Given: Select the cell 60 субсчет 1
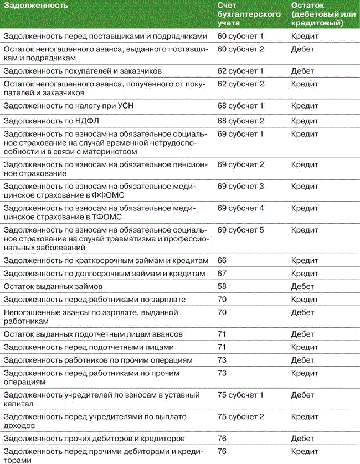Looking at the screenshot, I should [240, 36].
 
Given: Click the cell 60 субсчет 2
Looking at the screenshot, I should [240, 49].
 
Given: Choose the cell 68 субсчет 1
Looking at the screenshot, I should [240, 105].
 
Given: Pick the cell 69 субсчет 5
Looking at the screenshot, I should [240, 229].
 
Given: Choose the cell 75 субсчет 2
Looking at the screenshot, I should [240, 416].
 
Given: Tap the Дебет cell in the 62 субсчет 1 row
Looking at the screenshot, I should [302, 71].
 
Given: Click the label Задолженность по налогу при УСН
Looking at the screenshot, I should [63, 105].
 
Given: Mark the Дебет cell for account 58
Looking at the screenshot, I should [302, 286].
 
